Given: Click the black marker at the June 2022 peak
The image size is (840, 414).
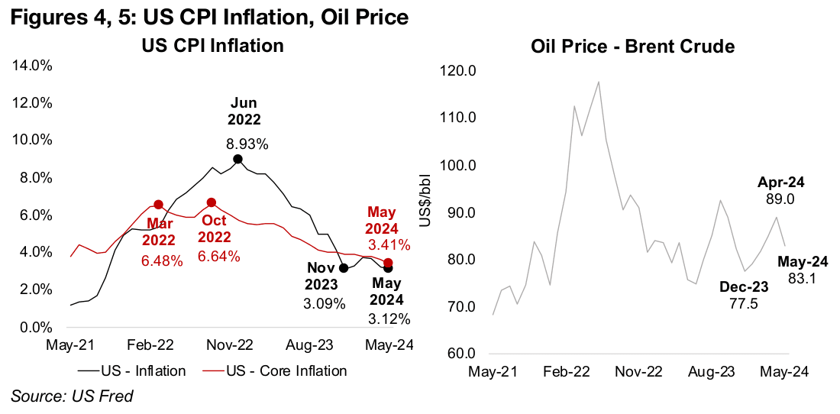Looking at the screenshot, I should pos(237,159).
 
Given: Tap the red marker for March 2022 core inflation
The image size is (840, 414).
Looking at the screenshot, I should pos(158,205).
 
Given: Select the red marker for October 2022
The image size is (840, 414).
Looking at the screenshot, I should pos(212,202).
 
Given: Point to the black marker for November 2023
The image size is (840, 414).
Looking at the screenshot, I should pos(344,268).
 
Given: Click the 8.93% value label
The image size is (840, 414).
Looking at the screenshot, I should pos(244,143).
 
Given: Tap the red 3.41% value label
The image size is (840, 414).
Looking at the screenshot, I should pos(389,245).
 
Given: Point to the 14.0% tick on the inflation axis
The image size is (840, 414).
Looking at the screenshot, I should pos(31,66).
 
